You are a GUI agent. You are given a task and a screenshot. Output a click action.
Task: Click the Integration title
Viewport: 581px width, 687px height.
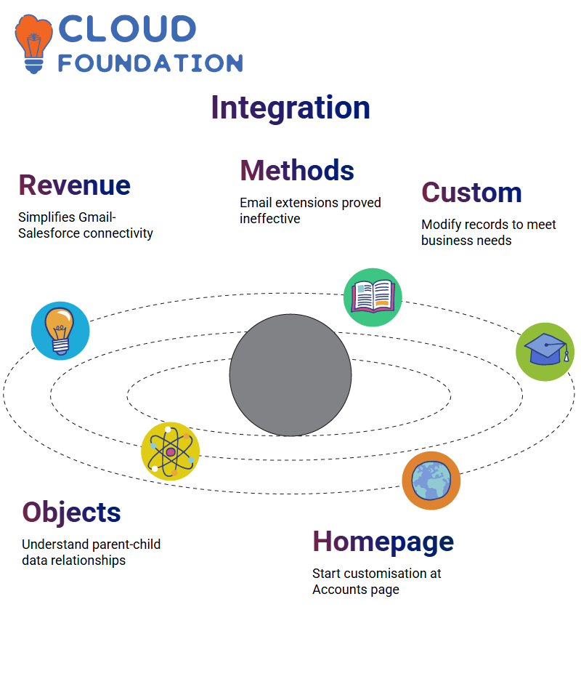[x=290, y=108]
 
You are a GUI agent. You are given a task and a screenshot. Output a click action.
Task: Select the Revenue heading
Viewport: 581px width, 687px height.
[x=74, y=185]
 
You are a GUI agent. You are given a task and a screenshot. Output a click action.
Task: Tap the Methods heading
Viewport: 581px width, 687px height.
[x=297, y=170]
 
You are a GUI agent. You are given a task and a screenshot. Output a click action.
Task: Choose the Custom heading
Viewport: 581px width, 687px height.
[x=471, y=193]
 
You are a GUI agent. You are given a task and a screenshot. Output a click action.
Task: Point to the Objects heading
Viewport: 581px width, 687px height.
[x=71, y=513]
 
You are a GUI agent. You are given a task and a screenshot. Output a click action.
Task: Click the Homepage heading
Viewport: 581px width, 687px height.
[x=383, y=542]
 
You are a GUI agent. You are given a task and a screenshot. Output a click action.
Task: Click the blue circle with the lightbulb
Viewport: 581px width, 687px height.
[x=60, y=331]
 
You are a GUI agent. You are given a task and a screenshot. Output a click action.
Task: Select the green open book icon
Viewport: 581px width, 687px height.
[x=373, y=297]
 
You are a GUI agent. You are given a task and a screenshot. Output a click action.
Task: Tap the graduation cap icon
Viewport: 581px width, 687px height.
[x=545, y=352]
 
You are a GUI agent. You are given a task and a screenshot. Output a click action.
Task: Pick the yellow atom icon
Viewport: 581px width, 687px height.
[x=171, y=451]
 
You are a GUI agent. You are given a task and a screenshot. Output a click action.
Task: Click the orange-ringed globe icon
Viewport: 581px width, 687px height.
[x=431, y=481]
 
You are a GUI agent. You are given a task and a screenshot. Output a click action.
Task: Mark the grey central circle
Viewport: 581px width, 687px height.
[x=290, y=375]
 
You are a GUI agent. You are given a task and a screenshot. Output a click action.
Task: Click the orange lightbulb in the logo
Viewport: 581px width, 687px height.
[x=33, y=44]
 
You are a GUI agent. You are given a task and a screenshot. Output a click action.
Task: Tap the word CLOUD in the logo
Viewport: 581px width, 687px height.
[x=127, y=29]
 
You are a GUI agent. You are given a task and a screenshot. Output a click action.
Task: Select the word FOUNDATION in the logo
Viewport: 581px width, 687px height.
[x=150, y=63]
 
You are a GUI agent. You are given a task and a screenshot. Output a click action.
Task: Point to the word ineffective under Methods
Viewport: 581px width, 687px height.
[x=269, y=219]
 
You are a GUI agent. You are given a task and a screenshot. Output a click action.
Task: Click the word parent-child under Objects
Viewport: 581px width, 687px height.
[x=120, y=545]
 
